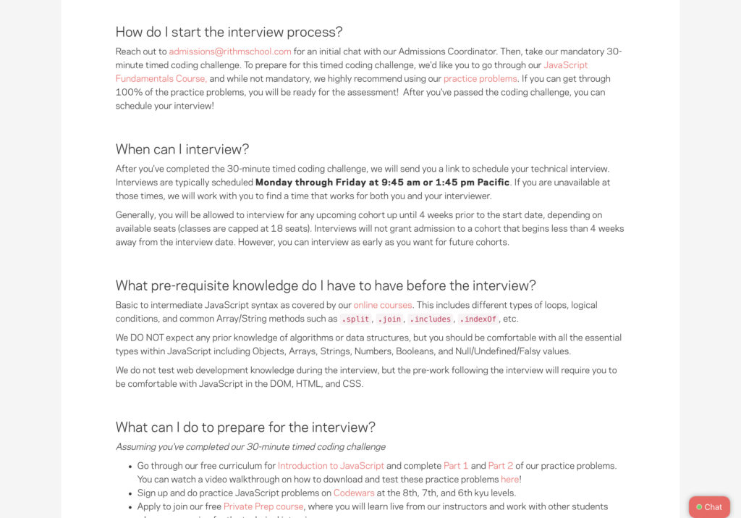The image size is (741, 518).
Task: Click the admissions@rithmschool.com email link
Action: pos(230,51)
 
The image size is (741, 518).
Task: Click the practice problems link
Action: pos(480,79)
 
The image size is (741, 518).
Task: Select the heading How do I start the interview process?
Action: pos(229,32)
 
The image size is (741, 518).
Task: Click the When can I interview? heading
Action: pos(182,149)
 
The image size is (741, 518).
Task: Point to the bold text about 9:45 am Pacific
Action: pos(382,183)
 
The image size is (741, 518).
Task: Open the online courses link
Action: pos(383,305)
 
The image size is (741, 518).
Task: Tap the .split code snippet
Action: pos(355,319)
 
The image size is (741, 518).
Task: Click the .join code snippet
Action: pos(389,319)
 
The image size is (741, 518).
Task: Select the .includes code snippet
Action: pos(430,319)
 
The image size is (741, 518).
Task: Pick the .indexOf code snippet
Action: pos(478,319)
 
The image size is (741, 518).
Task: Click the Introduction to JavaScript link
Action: pos(331,466)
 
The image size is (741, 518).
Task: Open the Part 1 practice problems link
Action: pos(456,466)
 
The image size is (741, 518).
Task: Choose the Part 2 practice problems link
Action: pos(501,466)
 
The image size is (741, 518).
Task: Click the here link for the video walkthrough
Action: pos(509,480)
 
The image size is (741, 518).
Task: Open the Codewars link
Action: pos(354,493)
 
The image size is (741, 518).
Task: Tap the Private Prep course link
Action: pos(263,506)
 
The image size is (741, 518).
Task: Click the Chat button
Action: pos(709,507)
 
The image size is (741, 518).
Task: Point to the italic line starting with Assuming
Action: pos(250,447)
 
